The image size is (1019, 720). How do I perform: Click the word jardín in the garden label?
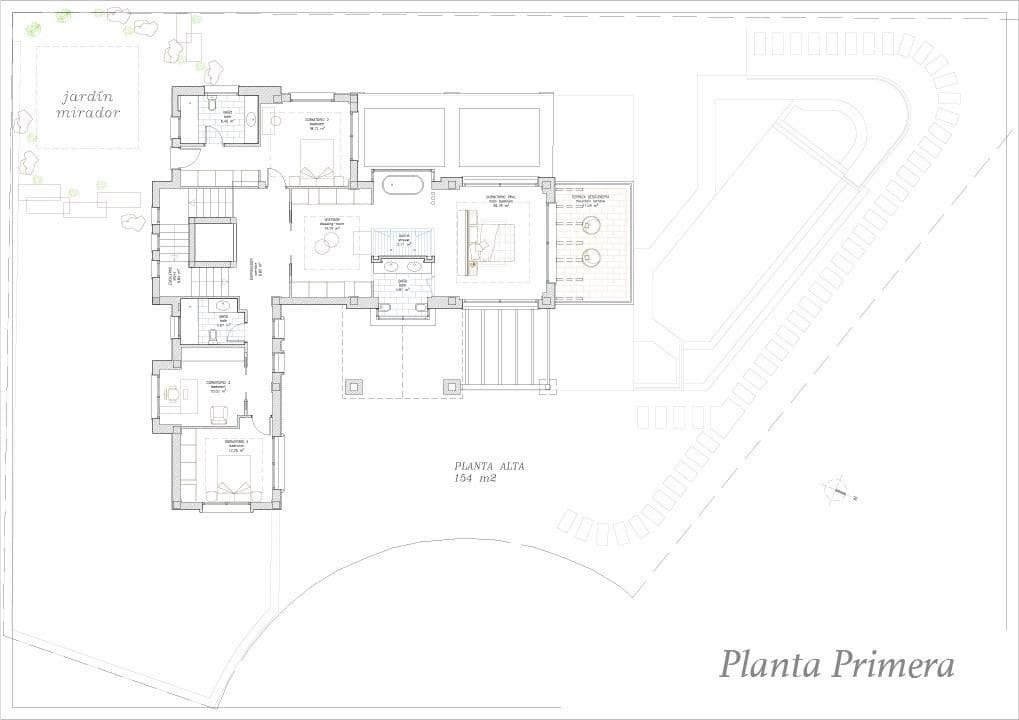(x=87, y=97)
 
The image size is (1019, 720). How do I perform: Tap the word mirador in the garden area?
(x=87, y=113)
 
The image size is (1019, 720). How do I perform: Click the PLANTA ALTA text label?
(x=489, y=466)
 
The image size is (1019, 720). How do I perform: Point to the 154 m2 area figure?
(x=475, y=479)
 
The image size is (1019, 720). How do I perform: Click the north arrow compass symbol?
(x=836, y=490)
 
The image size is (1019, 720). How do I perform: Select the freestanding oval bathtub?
(x=403, y=184)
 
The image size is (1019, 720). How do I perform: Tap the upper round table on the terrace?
(x=591, y=224)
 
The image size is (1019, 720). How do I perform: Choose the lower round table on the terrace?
(x=591, y=257)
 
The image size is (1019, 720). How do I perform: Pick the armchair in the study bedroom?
(x=219, y=414)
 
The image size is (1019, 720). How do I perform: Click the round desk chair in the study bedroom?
(x=172, y=394)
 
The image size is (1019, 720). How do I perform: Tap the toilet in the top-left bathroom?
(x=213, y=104)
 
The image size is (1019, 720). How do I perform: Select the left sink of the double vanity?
(x=389, y=266)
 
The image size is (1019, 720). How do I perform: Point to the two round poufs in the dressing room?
(x=328, y=244)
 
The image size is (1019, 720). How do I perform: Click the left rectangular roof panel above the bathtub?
(x=403, y=137)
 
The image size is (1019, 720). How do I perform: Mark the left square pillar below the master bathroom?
(x=353, y=385)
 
